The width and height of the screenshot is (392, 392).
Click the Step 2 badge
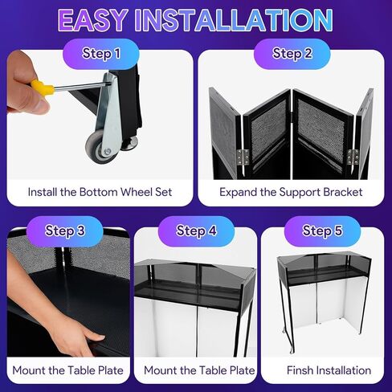(292, 54)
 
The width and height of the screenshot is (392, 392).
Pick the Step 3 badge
(64, 231)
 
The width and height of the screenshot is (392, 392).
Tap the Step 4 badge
(196, 231)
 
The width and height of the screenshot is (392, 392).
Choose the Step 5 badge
(322, 231)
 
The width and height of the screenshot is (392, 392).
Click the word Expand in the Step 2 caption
(239, 193)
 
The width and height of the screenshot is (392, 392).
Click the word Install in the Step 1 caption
(45, 193)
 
